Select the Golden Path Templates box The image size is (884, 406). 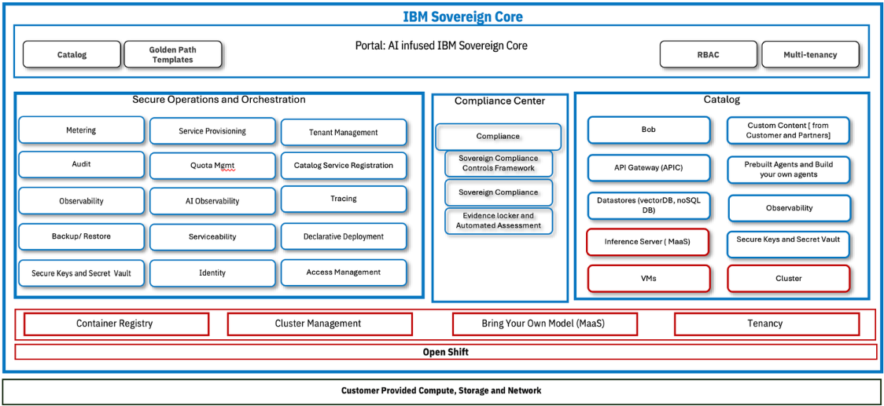click(x=172, y=54)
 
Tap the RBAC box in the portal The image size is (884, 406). click(x=708, y=54)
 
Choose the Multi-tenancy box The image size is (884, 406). click(x=809, y=54)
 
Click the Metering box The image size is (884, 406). click(x=81, y=130)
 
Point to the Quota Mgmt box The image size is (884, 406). click(x=212, y=166)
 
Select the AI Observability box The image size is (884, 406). click(x=212, y=201)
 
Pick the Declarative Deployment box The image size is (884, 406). click(x=344, y=236)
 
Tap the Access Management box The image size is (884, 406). click(x=344, y=272)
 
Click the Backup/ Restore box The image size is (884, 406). click(x=81, y=236)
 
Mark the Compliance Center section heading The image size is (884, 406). click(x=499, y=101)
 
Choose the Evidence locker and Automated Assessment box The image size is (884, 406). click(x=499, y=221)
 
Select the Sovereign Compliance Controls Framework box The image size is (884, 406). click(x=499, y=163)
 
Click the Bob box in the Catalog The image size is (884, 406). click(x=648, y=130)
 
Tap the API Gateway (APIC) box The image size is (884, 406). click(x=648, y=168)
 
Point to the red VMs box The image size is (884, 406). click(x=648, y=278)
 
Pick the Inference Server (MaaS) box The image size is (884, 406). click(x=648, y=242)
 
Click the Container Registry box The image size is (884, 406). click(x=116, y=324)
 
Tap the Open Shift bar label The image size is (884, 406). click(x=445, y=352)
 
